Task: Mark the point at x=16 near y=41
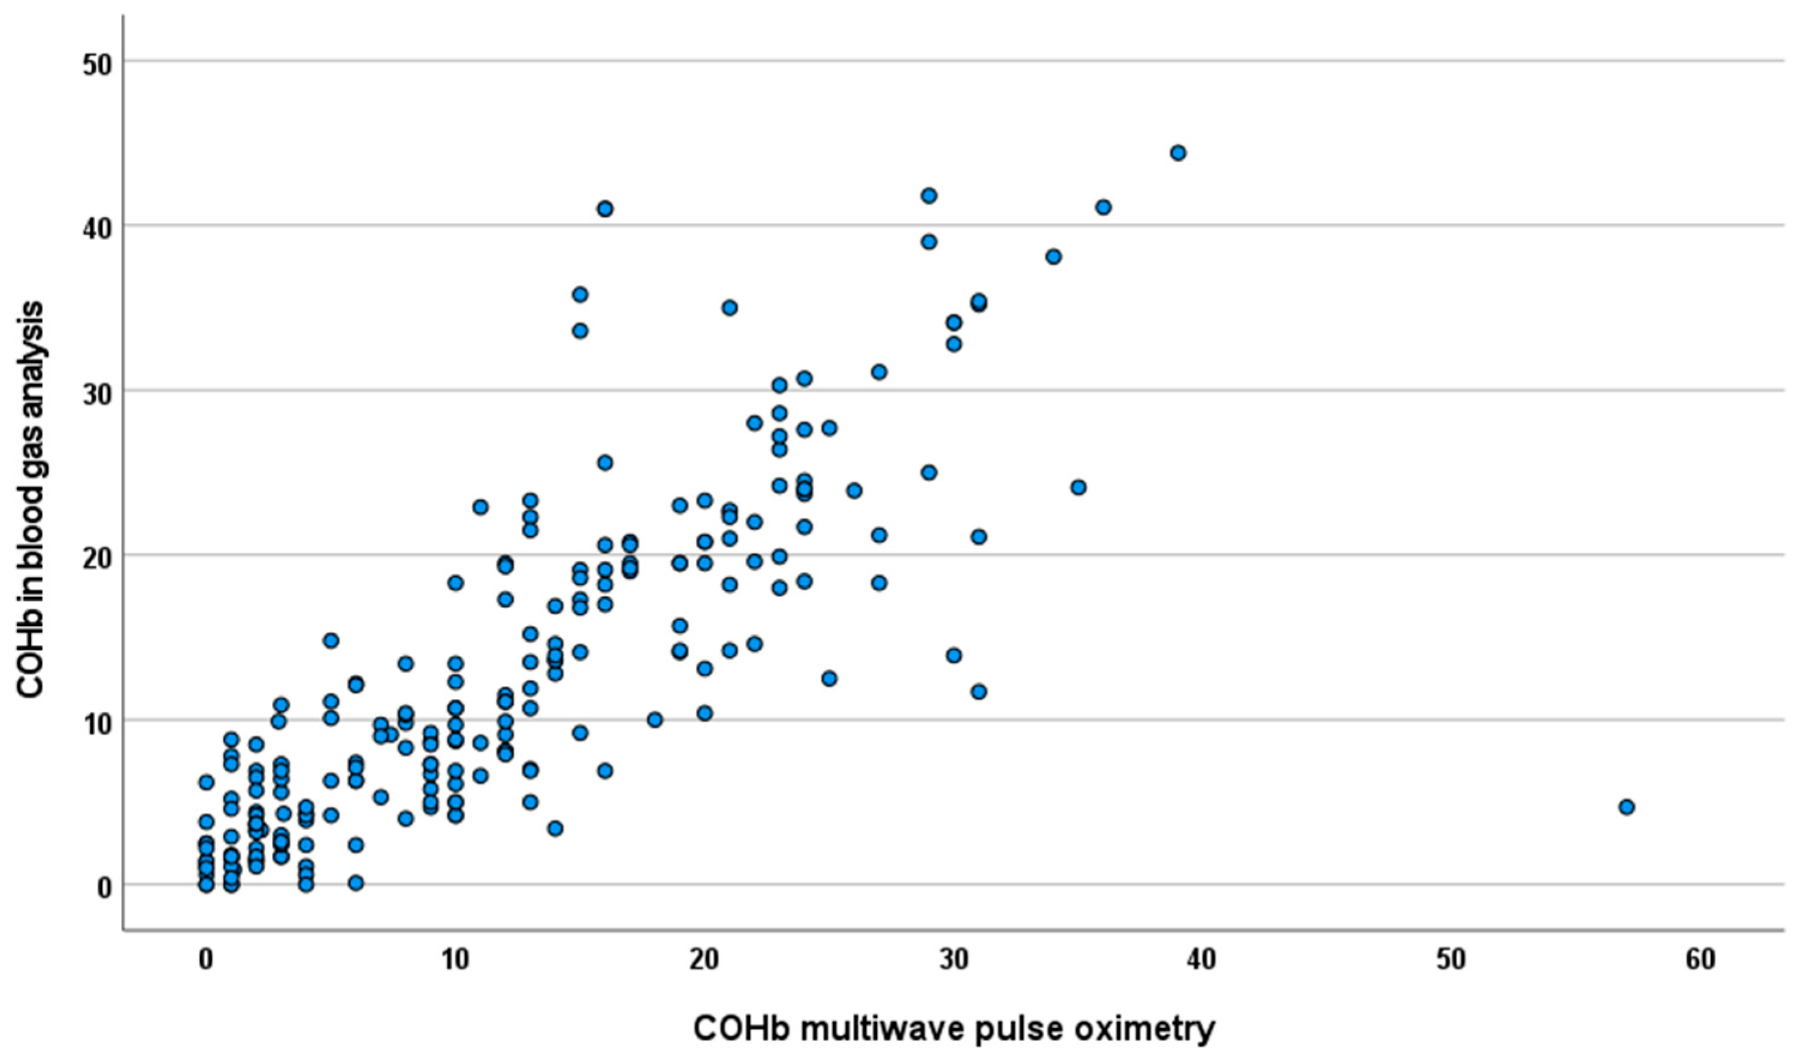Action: [x=605, y=209]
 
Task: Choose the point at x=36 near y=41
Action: [x=1103, y=207]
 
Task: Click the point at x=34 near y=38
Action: [x=1054, y=257]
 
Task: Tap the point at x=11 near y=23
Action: [x=480, y=507]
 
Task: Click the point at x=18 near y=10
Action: [x=655, y=720]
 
